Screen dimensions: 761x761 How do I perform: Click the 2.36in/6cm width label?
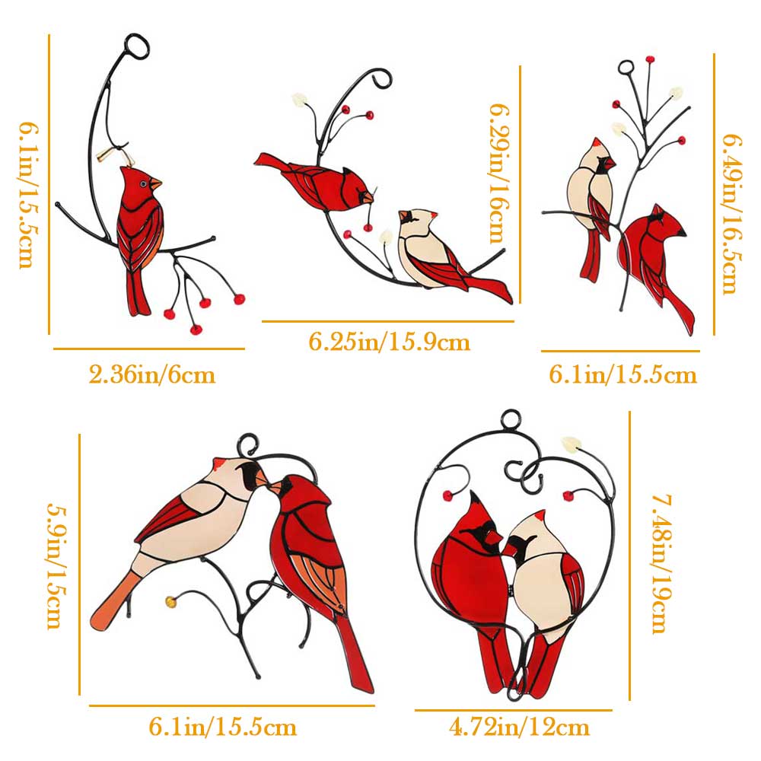click(x=152, y=374)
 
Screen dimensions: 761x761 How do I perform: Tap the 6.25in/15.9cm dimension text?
click(x=389, y=342)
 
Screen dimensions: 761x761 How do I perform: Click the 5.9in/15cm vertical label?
click(x=56, y=565)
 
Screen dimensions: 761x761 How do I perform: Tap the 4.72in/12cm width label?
click(x=519, y=728)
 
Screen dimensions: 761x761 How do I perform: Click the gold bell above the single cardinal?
click(x=103, y=155)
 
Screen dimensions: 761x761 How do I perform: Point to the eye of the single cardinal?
click(x=143, y=184)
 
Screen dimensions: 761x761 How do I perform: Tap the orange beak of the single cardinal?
click(x=154, y=184)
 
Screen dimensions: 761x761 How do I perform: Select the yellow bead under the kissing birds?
click(x=170, y=601)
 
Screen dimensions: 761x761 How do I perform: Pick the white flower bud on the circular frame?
click(x=570, y=444)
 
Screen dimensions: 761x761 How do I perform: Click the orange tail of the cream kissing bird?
click(x=113, y=601)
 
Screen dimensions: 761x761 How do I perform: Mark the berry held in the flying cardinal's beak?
click(x=368, y=228)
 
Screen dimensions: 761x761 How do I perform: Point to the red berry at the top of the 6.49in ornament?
click(x=649, y=59)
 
